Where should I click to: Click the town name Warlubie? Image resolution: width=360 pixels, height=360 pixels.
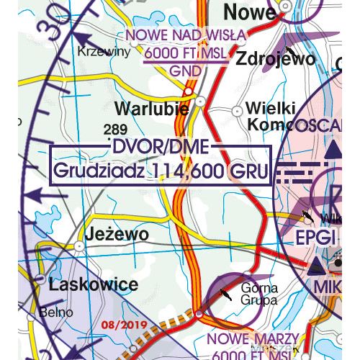tap(151, 109)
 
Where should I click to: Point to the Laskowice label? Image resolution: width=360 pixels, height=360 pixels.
tap(93, 284)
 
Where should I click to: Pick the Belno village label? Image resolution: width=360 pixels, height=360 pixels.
tap(58, 312)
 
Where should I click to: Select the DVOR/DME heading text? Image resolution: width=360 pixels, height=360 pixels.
tap(160, 148)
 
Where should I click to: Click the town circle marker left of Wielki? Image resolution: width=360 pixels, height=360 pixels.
tap(238, 110)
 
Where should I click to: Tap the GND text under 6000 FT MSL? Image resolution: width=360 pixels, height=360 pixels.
tap(186, 70)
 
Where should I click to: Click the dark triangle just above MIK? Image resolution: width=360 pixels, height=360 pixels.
tap(316, 269)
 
